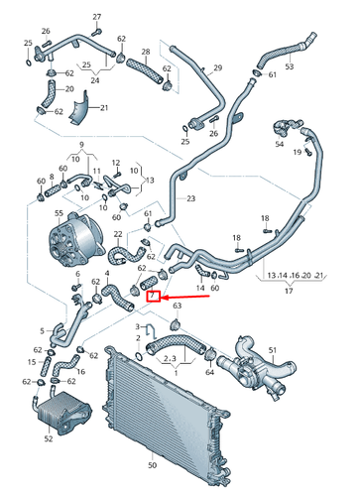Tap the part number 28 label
click(145, 52)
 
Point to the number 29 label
click(218, 68)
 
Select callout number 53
click(290, 67)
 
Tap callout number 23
click(191, 199)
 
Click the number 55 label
click(60, 213)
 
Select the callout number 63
click(178, 308)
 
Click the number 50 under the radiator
click(152, 464)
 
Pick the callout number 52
click(49, 436)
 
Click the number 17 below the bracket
click(289, 292)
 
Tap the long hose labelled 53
click(288, 46)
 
